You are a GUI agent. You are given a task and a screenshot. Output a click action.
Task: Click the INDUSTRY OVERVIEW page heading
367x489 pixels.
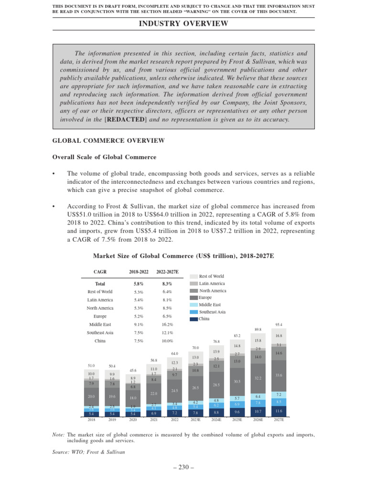pos(183,23)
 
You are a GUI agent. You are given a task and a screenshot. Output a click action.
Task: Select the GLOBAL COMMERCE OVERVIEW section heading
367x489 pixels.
pos(108,140)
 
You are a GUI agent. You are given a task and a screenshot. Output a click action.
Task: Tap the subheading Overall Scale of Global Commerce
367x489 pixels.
pos(104,157)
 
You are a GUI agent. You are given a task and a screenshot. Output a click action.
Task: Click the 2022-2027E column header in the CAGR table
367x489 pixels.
pos(167,272)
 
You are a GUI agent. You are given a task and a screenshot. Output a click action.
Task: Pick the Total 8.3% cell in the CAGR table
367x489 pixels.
pos(167,284)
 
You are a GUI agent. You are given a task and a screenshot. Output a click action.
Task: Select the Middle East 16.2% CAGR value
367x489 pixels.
pos(167,324)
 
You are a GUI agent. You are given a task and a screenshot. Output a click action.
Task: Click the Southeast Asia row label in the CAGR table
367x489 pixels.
pos(100,332)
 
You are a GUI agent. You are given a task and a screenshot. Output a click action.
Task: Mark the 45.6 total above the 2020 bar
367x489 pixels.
pos(133,370)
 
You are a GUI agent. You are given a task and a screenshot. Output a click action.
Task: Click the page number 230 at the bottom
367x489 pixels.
pos(183,468)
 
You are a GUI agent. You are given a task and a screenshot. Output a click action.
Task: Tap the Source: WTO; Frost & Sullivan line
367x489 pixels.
pos(88,451)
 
